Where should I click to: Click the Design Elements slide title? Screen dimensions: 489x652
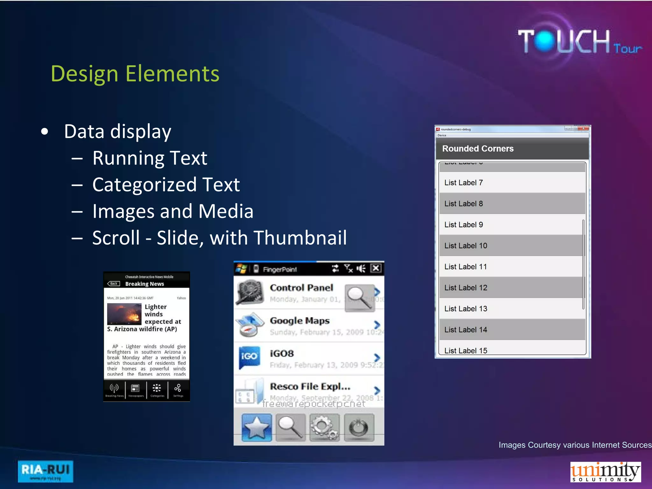135,74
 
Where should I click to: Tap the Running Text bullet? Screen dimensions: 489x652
150,158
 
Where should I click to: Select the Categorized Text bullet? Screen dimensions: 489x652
166,185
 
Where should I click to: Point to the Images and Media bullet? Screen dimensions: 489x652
173,211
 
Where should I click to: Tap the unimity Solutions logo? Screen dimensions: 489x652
605,471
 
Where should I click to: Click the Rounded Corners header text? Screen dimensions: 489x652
478,149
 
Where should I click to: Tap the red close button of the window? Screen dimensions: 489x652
584,128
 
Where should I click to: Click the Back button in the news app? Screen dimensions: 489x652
114,284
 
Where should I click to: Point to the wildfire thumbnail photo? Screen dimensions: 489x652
124,314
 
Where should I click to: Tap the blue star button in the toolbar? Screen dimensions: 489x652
257,428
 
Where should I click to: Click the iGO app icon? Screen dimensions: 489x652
249,357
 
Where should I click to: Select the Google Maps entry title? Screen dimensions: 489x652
300,321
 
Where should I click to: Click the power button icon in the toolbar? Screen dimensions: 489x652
359,428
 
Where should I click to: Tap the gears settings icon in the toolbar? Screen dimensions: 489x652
324,428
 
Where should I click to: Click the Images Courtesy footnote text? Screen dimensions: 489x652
575,445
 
